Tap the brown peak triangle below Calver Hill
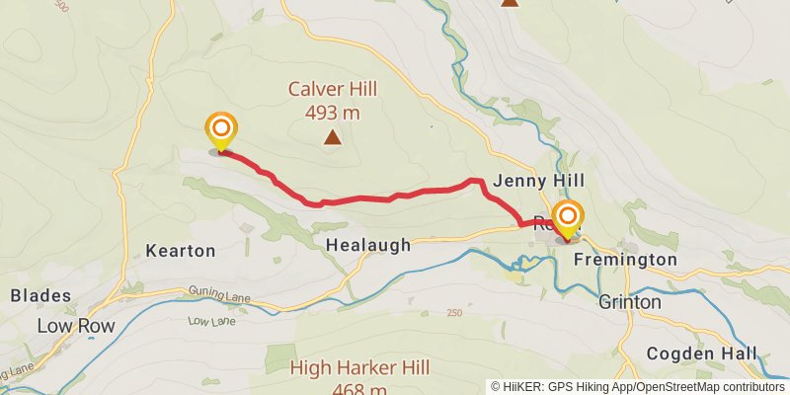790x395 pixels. [333, 138]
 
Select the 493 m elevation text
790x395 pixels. [331, 113]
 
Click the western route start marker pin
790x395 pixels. [221, 130]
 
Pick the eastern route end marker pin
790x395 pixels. [568, 217]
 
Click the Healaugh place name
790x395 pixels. [367, 246]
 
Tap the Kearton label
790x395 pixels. [180, 251]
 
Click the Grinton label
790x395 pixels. [630, 302]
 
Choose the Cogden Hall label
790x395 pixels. [702, 354]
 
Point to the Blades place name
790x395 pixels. [40, 295]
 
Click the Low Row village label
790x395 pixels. [75, 326]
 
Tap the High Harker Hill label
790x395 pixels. [360, 367]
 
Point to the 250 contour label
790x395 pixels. [453, 314]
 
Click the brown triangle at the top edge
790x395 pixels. [509, 3]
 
